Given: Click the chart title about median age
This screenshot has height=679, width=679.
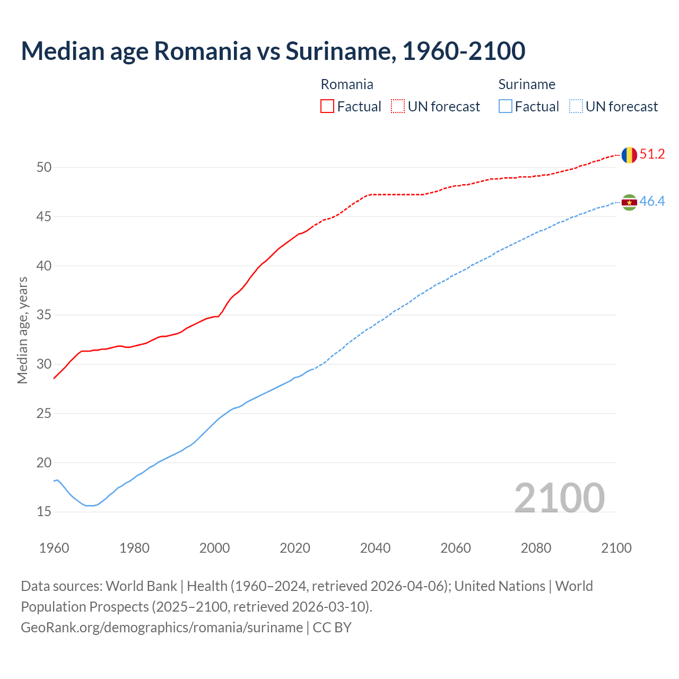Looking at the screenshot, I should (x=273, y=51).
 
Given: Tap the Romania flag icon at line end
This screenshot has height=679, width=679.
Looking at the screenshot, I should (x=629, y=155).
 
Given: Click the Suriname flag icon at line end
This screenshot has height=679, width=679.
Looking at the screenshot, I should (x=629, y=202).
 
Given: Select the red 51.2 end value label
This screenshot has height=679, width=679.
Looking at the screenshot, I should (x=652, y=154).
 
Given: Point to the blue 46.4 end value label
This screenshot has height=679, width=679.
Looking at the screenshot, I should (x=652, y=202).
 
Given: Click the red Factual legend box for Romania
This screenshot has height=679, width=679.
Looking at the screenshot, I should (x=327, y=107).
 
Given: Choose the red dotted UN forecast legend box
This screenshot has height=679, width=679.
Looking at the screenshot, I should (x=398, y=107).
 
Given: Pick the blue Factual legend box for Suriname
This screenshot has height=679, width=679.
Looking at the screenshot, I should (x=506, y=107).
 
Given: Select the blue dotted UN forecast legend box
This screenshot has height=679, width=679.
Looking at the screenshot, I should (x=576, y=107).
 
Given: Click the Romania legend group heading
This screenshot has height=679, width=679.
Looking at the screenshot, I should (x=347, y=84).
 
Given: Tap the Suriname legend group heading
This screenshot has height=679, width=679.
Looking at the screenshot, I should (x=527, y=84).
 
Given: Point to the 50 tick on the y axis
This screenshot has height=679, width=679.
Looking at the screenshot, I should (x=44, y=168).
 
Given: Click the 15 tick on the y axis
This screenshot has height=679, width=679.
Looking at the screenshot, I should (x=44, y=512).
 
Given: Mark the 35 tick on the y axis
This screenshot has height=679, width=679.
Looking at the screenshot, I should (x=44, y=315).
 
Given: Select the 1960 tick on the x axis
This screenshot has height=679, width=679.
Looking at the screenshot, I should (x=54, y=548).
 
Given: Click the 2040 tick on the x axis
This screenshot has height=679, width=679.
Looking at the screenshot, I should (x=375, y=548).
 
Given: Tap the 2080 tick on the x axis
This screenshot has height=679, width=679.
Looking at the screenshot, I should (x=536, y=548).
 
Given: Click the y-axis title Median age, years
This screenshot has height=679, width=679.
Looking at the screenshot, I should (x=22, y=330).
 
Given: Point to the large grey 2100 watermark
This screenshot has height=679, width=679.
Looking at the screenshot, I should (x=559, y=498).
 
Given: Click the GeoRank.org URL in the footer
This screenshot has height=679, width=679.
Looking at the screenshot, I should (x=162, y=628).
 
